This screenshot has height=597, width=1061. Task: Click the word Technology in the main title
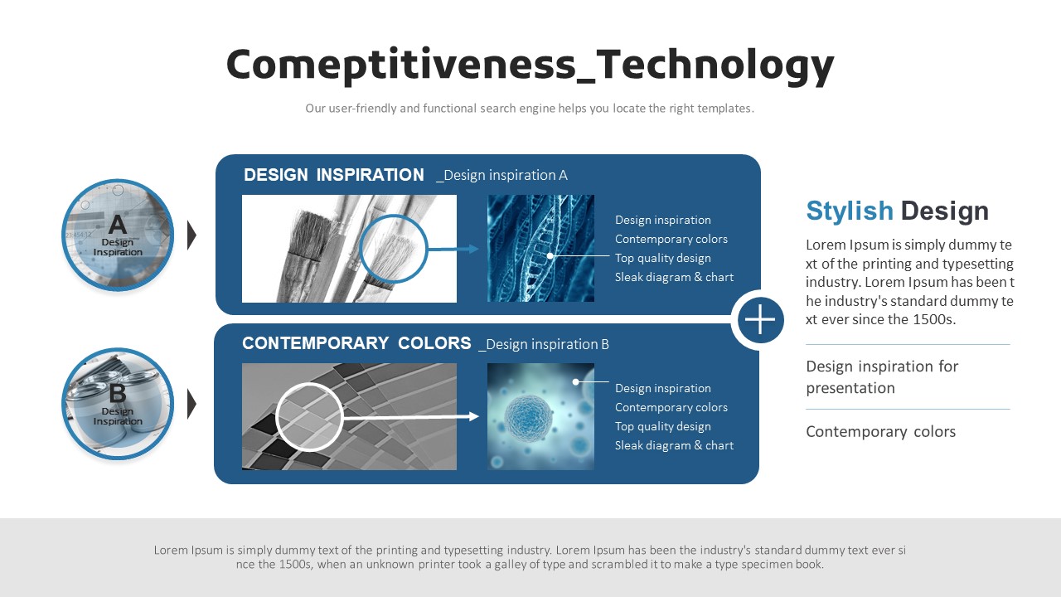click(x=715, y=66)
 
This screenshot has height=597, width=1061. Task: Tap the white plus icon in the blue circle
click(x=760, y=319)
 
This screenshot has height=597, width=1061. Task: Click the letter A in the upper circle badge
click(x=118, y=225)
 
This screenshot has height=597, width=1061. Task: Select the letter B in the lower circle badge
click(x=118, y=393)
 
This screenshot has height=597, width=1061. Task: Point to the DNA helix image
click(x=540, y=248)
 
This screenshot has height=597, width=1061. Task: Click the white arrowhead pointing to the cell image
click(x=473, y=416)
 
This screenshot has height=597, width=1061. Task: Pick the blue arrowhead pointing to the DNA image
click(x=473, y=249)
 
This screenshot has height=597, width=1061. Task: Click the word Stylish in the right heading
click(x=850, y=211)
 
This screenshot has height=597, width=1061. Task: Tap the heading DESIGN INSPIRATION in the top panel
click(x=333, y=175)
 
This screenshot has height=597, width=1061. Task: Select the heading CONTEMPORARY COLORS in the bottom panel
click(x=356, y=343)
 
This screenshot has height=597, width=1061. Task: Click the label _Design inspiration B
click(x=544, y=344)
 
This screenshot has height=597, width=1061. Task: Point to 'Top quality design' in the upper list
click(x=662, y=258)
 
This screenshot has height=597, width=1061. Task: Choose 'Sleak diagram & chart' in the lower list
click(x=674, y=445)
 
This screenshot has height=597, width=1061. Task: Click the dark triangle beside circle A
click(x=191, y=235)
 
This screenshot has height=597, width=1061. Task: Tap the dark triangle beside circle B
click(x=191, y=404)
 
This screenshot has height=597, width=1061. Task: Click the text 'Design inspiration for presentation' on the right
click(x=882, y=377)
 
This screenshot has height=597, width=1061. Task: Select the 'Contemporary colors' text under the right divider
click(x=880, y=432)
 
